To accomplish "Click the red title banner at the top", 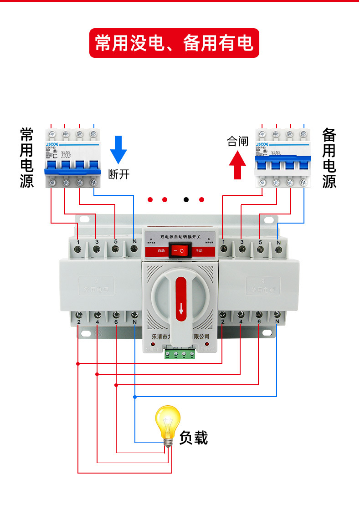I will tap(174, 43).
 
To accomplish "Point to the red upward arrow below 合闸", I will tap(237, 165).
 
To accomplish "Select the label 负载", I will tap(193, 438).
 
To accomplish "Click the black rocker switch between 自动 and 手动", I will tap(179, 250).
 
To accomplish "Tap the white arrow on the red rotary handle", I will tap(181, 311).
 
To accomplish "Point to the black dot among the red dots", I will tap(186, 199).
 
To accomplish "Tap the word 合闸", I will tap(238, 142).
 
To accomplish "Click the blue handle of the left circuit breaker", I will tap(72, 168).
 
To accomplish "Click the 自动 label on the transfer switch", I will tap(161, 251).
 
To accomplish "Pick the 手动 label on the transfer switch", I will tap(199, 251).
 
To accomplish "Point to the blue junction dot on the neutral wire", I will tap(134, 397).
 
